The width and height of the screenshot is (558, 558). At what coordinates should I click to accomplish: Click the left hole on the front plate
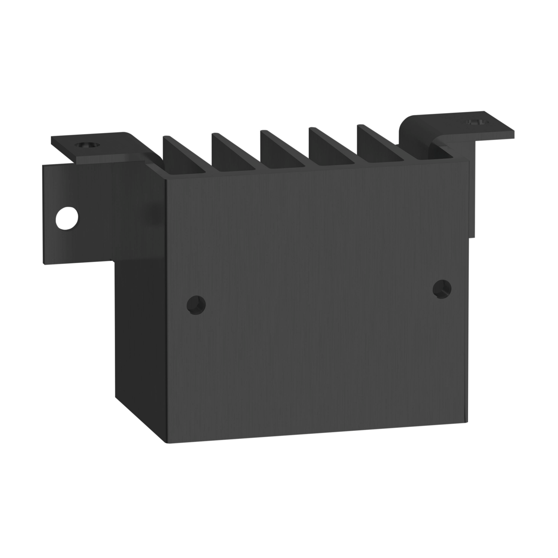pos(196,305)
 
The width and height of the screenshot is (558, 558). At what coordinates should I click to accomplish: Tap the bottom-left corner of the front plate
pos(166,442)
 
